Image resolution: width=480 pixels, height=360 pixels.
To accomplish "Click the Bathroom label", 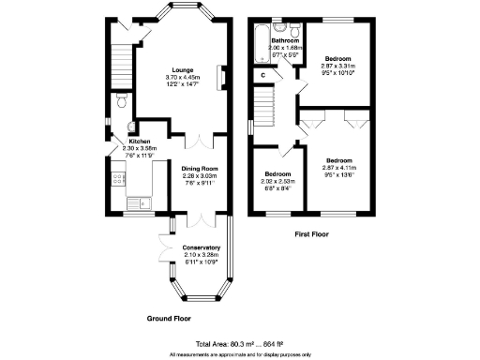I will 285,41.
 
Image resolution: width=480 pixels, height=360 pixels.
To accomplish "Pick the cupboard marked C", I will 262,74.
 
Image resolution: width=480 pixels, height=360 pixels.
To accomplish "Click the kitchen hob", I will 116,178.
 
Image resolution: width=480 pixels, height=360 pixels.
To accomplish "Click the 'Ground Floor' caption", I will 169,319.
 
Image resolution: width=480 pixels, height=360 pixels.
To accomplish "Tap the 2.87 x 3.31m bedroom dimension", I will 338,68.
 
